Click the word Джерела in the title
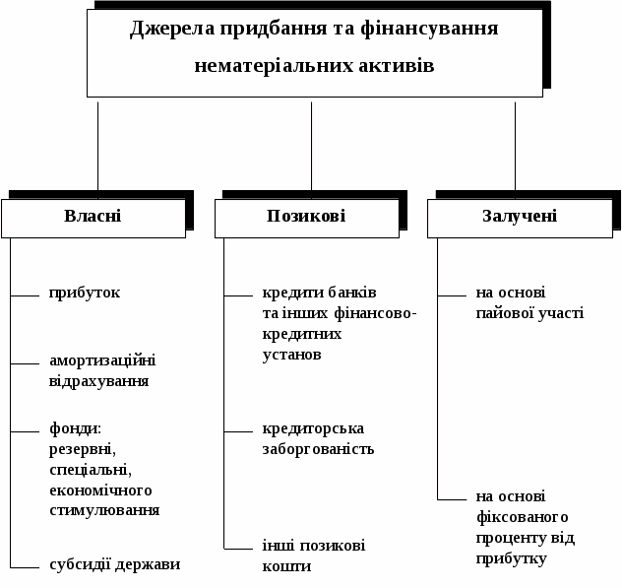[x=169, y=28]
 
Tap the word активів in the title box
[x=394, y=66]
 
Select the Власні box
[x=93, y=217]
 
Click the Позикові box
[x=306, y=217]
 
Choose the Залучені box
[x=520, y=217]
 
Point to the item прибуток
[x=85, y=293]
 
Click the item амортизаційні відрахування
[x=102, y=370]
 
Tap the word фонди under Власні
[x=76, y=428]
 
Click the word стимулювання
[x=104, y=510]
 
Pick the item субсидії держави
[x=115, y=564]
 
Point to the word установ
[x=291, y=355]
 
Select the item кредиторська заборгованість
[x=318, y=438]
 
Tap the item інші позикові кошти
[x=313, y=555]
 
